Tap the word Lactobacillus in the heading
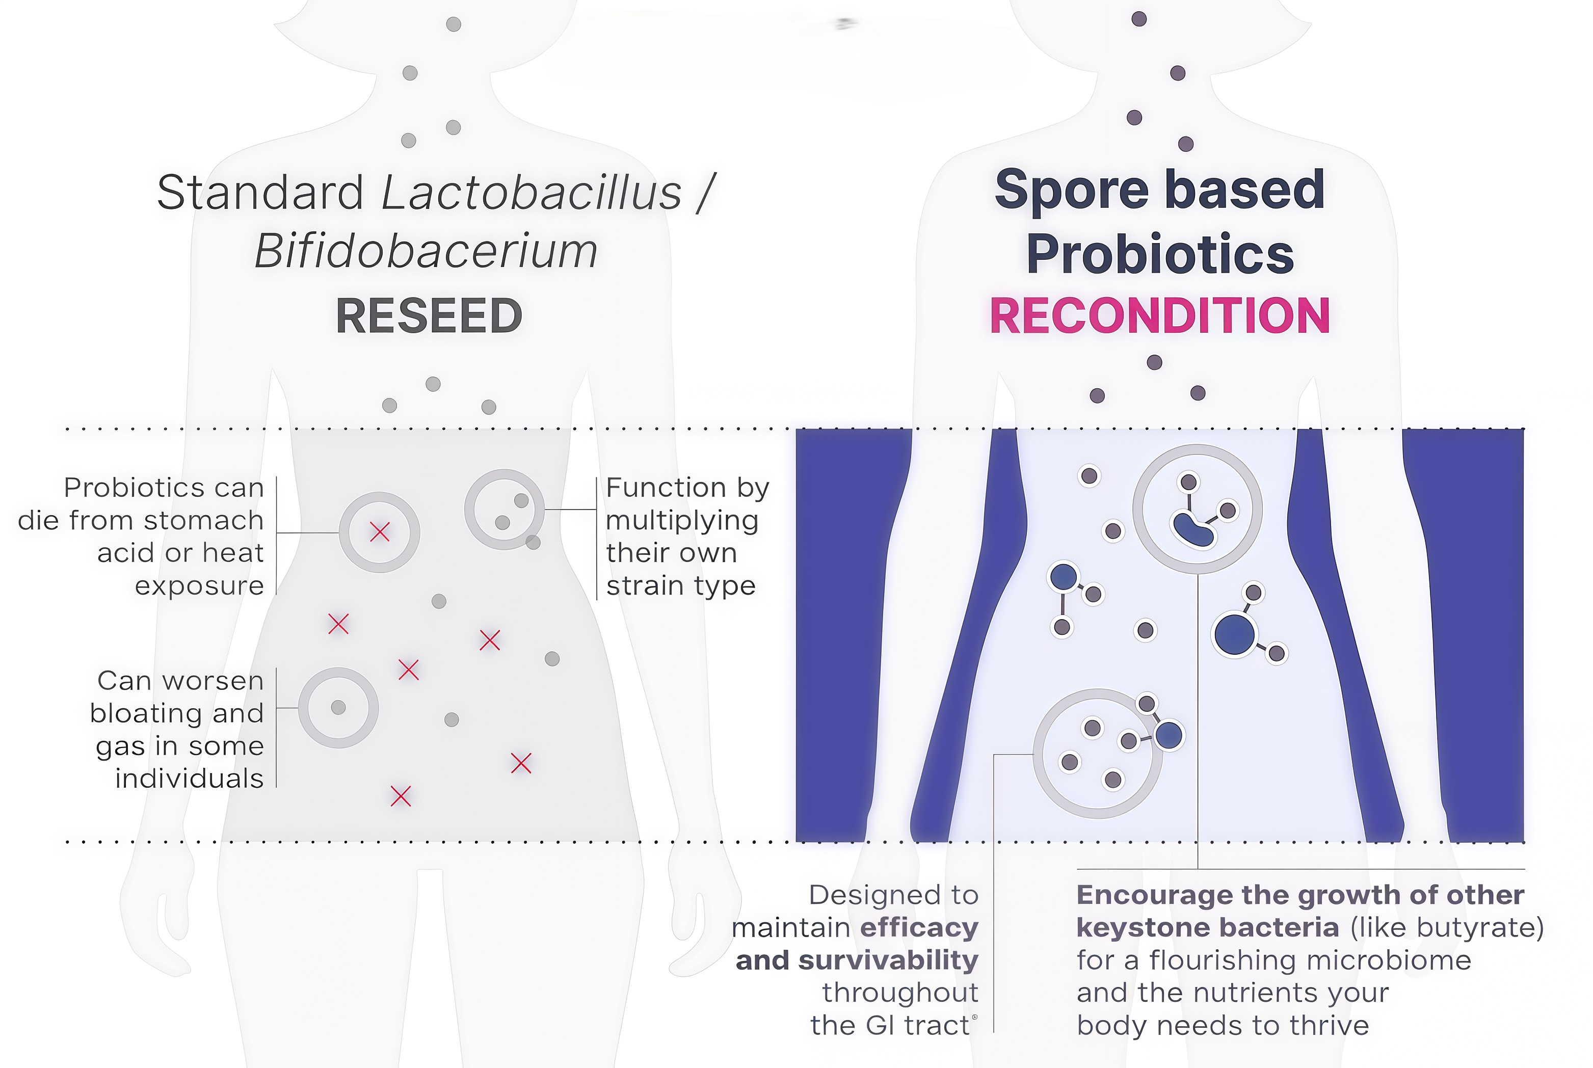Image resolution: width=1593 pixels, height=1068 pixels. click(531, 193)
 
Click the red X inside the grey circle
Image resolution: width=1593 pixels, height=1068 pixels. click(379, 532)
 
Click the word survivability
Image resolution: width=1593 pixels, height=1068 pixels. click(888, 960)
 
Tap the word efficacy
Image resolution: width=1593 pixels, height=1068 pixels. click(919, 928)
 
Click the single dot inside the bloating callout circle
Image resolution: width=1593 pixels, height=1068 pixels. click(338, 708)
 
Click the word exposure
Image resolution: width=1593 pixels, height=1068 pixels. click(199, 586)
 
